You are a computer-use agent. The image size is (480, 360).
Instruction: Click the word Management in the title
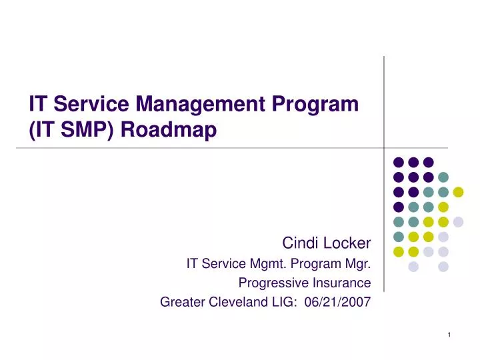point(200,104)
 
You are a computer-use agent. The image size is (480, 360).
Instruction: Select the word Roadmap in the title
point(169,129)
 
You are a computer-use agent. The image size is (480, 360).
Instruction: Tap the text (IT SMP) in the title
point(71,129)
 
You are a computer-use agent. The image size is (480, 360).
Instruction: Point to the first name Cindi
point(300,243)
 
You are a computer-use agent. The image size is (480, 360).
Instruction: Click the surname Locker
point(347,243)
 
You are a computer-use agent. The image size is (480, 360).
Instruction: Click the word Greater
point(182,302)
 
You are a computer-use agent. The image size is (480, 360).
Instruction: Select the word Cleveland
point(238,302)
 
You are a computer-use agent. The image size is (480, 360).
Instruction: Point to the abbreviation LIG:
point(285,302)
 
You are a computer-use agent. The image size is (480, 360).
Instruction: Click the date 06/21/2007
point(337,302)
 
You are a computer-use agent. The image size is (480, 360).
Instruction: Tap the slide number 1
point(449,335)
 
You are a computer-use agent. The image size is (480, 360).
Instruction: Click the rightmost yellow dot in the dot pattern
point(458,192)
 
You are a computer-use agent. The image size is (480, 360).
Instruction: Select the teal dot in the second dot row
point(443,177)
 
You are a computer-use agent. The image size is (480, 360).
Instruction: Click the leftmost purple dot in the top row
point(399,162)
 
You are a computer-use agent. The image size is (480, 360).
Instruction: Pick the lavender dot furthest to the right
point(458,222)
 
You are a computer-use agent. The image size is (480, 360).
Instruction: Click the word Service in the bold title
point(91,104)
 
